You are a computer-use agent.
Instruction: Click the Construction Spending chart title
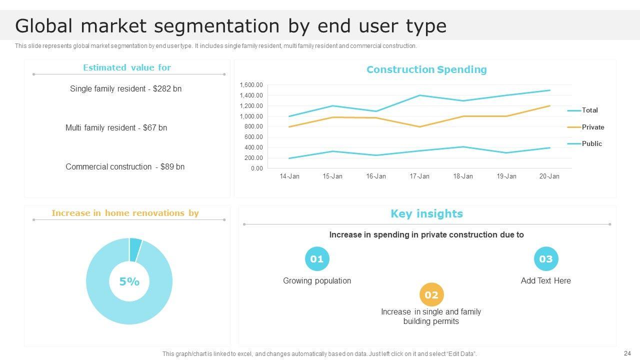click(x=426, y=69)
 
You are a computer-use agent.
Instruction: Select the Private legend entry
click(x=592, y=127)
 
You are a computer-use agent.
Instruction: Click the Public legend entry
click(x=591, y=143)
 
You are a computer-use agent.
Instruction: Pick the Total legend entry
click(x=589, y=110)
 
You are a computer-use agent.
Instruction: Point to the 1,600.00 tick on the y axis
click(x=251, y=85)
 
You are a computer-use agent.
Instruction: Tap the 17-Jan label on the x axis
click(x=419, y=176)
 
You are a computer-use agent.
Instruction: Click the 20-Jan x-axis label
click(x=549, y=176)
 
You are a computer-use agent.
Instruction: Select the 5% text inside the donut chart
click(x=129, y=281)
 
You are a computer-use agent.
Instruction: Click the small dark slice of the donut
click(x=135, y=249)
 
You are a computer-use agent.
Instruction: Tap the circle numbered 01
click(x=317, y=259)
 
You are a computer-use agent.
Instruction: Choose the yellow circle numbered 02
click(x=431, y=295)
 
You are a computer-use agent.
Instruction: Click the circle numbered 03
click(x=545, y=259)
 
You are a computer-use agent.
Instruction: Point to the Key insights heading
click(x=426, y=214)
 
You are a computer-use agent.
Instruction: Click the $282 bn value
click(x=167, y=88)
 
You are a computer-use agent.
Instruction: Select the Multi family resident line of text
click(x=116, y=127)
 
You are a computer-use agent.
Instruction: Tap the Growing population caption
click(x=317, y=280)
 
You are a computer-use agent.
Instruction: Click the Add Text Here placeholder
click(x=545, y=280)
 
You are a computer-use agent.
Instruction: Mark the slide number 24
click(x=627, y=353)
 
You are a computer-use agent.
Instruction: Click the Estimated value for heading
click(x=127, y=67)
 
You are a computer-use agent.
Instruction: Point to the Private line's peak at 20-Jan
click(x=549, y=106)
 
